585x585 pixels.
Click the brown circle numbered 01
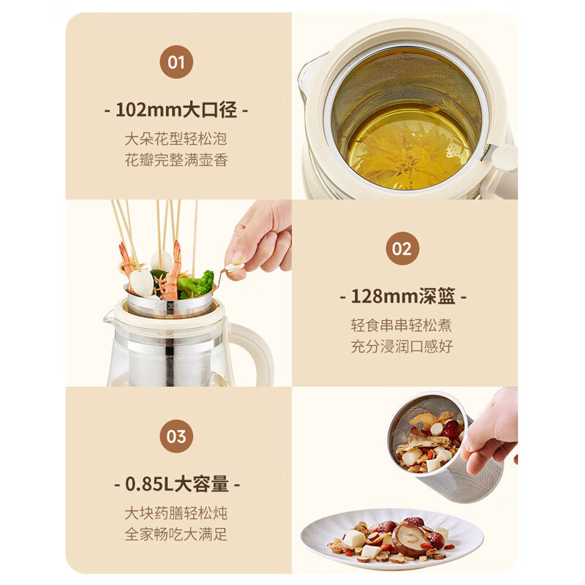[176, 61]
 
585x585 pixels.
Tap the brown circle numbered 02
[402, 249]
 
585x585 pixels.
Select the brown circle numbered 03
[176, 437]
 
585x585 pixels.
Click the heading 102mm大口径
[176, 110]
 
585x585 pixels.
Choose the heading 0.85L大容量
[176, 484]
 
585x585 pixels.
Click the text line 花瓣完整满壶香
[176, 159]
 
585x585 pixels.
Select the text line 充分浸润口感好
[401, 347]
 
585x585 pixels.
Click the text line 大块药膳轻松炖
[176, 513]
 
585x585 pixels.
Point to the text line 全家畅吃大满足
[176, 535]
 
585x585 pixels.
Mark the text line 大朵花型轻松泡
[176, 138]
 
